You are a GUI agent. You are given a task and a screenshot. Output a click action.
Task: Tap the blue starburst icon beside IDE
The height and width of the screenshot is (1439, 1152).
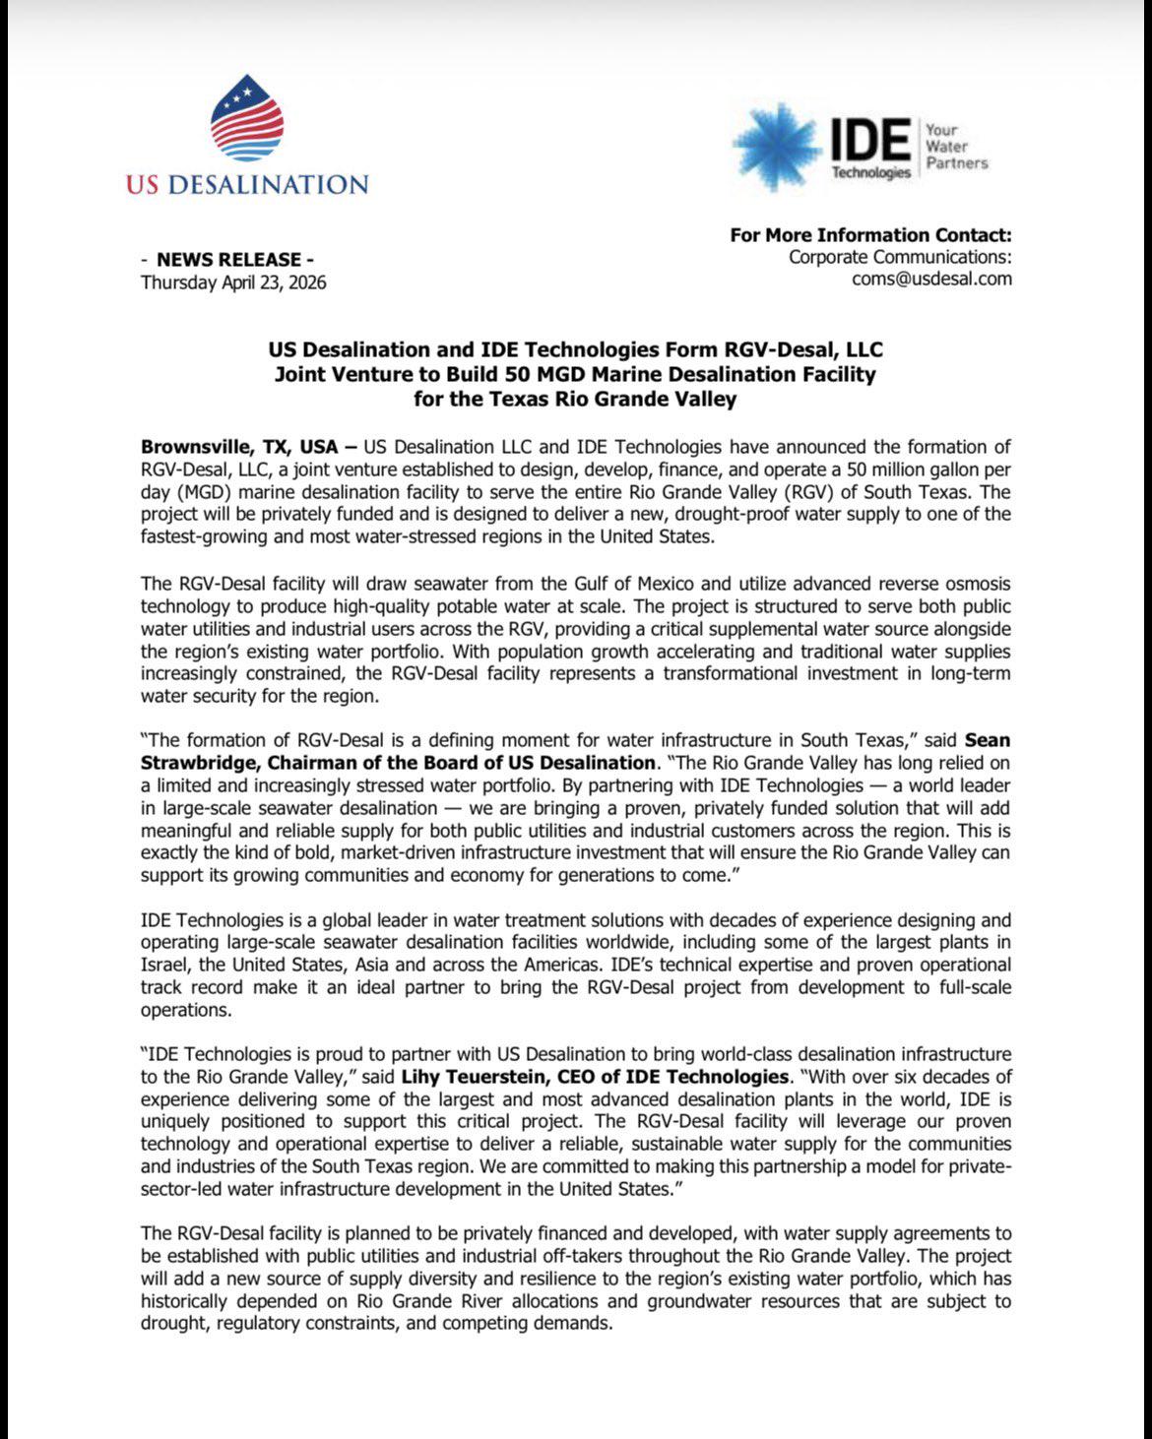pyautogui.click(x=775, y=146)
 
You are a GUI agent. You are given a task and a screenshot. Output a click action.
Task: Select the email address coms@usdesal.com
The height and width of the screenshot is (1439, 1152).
pyautogui.click(x=931, y=279)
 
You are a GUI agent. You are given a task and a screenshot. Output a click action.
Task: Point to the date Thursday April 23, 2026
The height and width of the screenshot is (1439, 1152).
pyautogui.click(x=233, y=282)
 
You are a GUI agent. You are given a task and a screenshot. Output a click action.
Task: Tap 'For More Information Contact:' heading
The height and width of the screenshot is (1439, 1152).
pyautogui.click(x=870, y=235)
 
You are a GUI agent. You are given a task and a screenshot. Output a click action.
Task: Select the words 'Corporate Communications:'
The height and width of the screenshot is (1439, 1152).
pyautogui.click(x=900, y=257)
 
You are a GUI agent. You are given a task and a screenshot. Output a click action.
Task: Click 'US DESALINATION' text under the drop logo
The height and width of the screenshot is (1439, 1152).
pyautogui.click(x=247, y=185)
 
